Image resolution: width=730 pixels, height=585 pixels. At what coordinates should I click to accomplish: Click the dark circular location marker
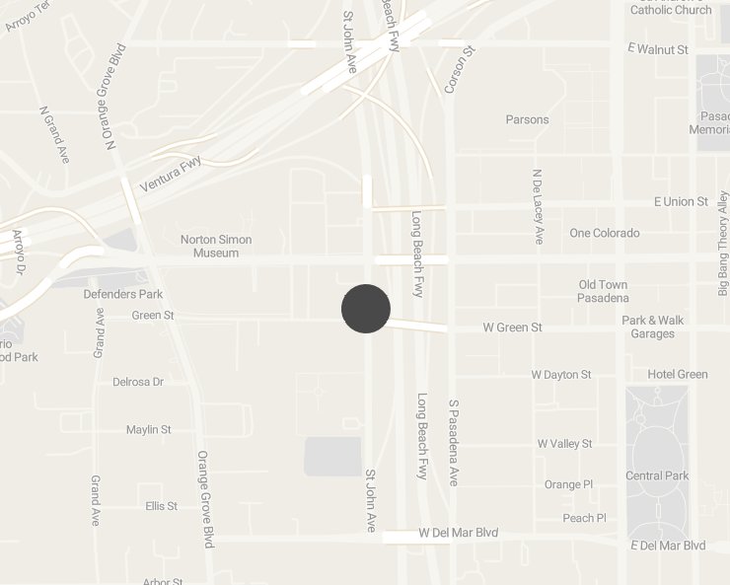[366, 309]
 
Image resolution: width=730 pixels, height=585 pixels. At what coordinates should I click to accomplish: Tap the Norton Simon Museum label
[216, 247]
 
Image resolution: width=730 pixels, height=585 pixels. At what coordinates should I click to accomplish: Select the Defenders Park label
[123, 294]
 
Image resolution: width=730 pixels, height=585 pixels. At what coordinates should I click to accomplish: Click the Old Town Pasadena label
[604, 291]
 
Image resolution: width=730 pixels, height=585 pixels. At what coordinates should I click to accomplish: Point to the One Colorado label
[605, 233]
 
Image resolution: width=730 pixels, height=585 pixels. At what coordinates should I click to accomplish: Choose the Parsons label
[527, 119]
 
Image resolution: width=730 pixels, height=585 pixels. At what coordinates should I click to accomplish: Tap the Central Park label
[657, 475]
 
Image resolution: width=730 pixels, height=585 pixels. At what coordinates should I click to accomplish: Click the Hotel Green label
[678, 374]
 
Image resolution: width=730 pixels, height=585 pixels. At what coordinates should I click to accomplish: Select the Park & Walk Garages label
[653, 327]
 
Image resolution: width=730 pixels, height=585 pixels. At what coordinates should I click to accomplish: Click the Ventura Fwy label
[171, 176]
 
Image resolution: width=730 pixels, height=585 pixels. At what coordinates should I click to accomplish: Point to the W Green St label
[512, 327]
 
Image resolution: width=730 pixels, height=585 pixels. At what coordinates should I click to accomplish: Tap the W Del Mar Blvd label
[459, 533]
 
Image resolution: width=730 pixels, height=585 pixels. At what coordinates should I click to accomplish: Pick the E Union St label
[681, 201]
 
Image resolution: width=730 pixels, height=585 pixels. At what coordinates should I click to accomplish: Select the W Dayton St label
[561, 375]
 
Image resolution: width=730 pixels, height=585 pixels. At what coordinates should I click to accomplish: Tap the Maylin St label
[149, 429]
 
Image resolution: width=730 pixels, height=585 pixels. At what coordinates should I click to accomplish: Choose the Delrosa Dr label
[138, 381]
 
